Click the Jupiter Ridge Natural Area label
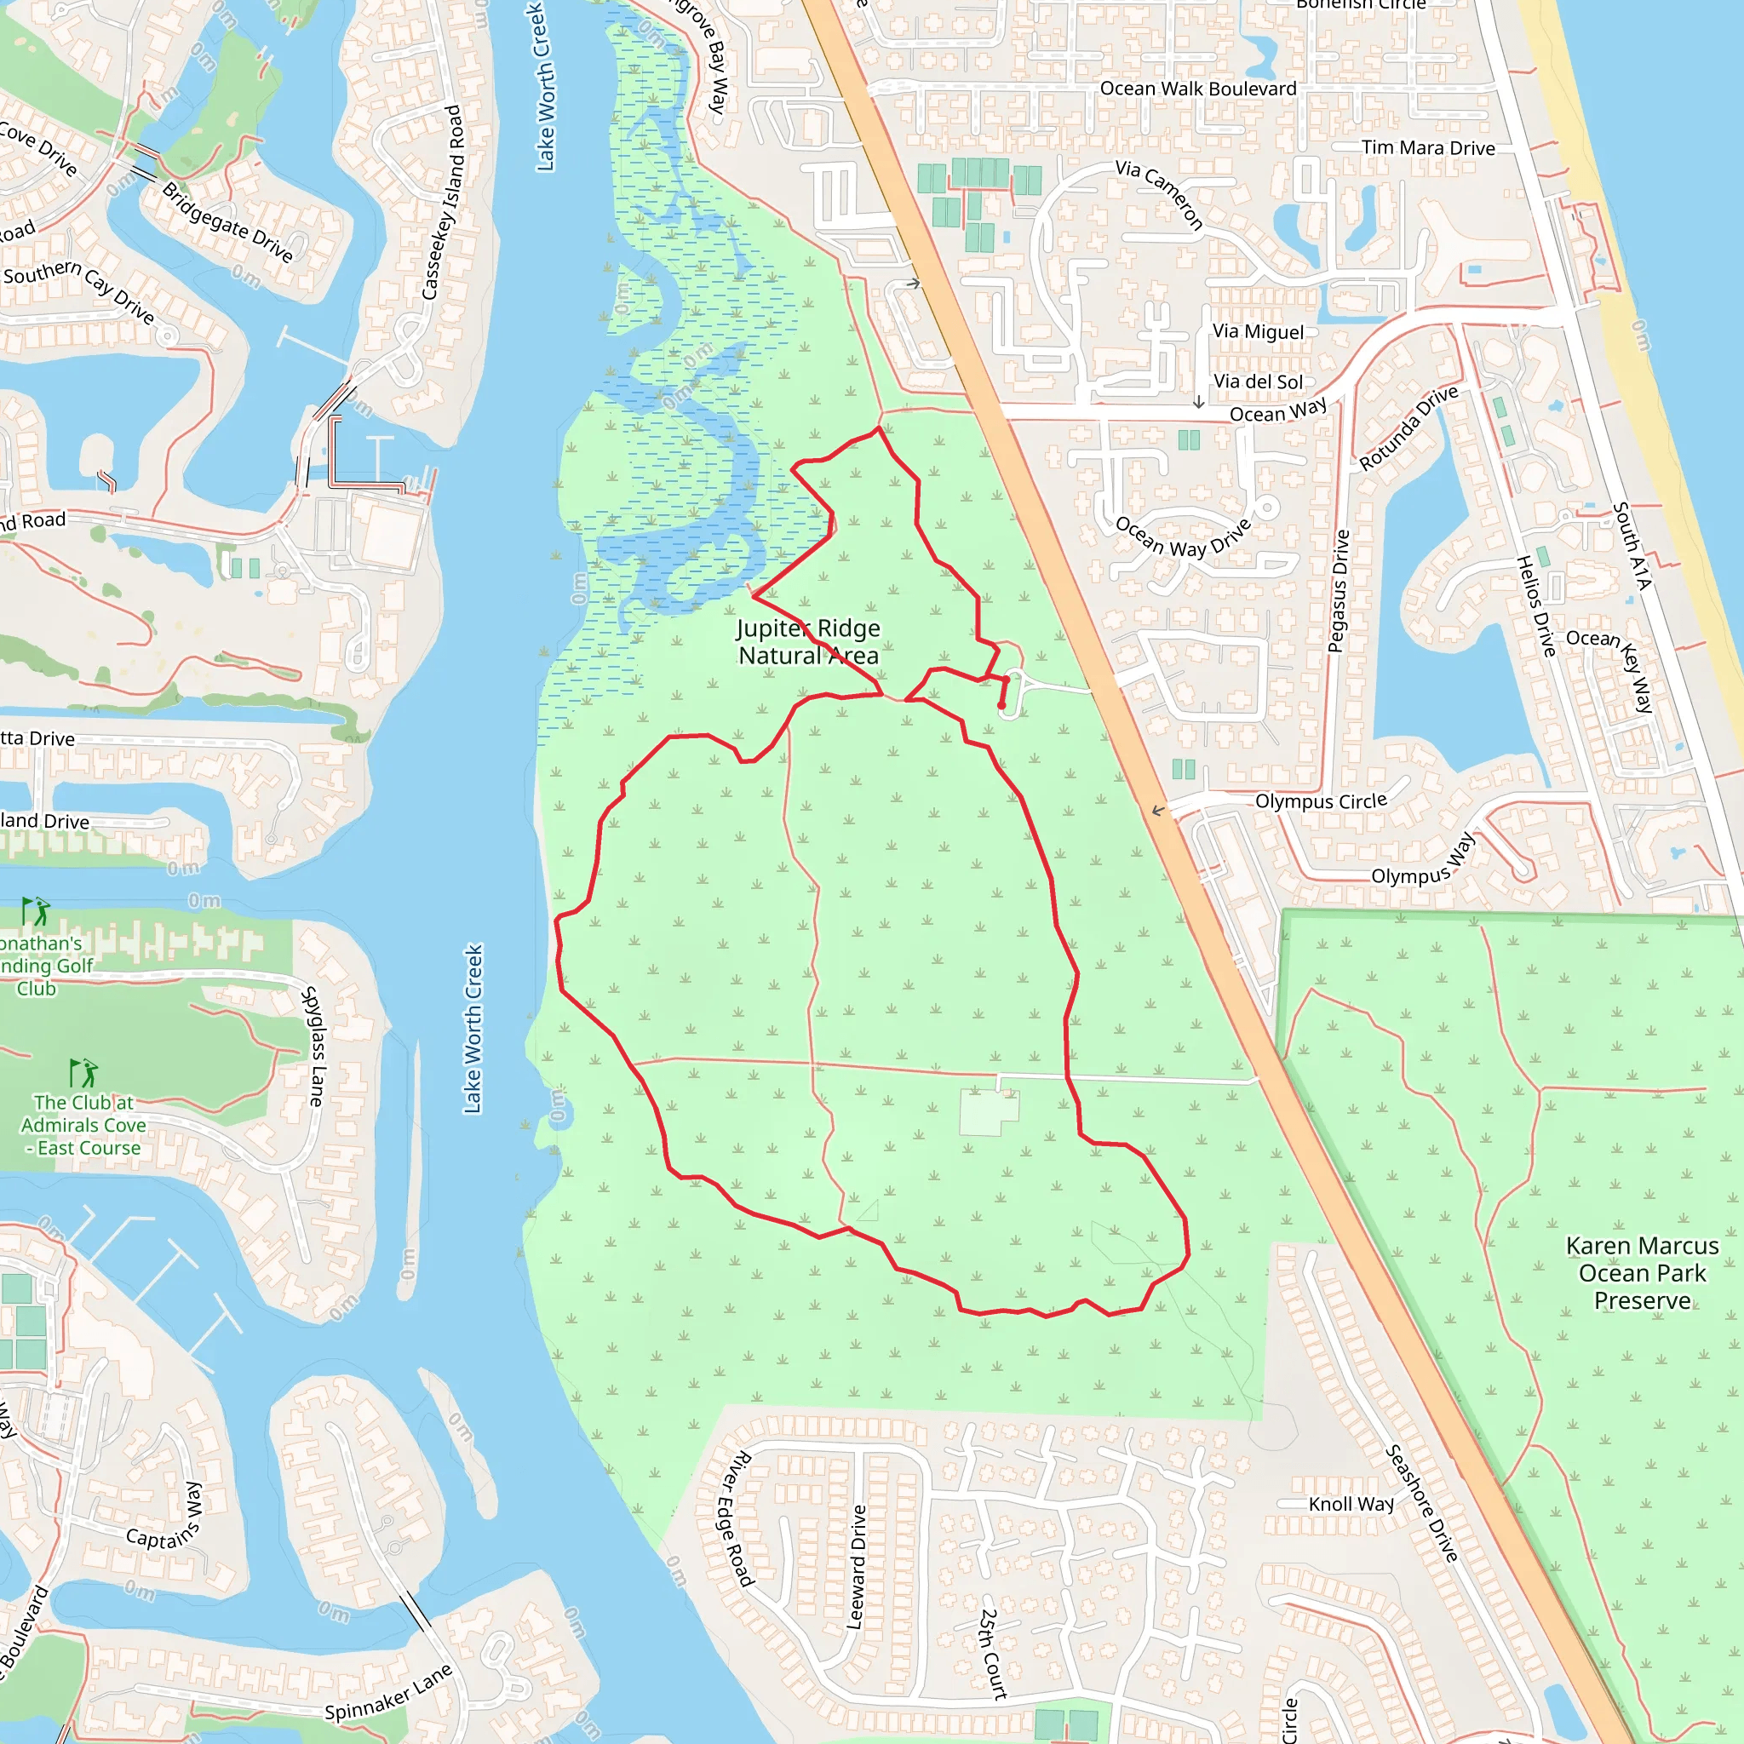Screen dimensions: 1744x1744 pyautogui.click(x=808, y=642)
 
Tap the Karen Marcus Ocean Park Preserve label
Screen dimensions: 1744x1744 pyautogui.click(x=1642, y=1273)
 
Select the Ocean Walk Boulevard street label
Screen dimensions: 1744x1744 pyautogui.click(x=1198, y=89)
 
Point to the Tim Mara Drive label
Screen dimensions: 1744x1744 pyautogui.click(x=1428, y=148)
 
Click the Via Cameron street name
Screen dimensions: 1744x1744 pyautogui.click(x=1160, y=194)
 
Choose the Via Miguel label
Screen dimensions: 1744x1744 pyautogui.click(x=1258, y=332)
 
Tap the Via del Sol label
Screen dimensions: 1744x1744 pyautogui.click(x=1258, y=381)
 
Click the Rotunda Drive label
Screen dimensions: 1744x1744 pyautogui.click(x=1408, y=427)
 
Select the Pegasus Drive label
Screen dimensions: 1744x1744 pyautogui.click(x=1339, y=590)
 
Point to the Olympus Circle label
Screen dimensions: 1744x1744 pyautogui.click(x=1321, y=801)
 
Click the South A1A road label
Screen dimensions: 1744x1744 pyautogui.click(x=1632, y=546)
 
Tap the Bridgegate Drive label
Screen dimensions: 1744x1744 pyautogui.click(x=227, y=222)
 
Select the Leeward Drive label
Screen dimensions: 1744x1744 pyautogui.click(x=857, y=1567)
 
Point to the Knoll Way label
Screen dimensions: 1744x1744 pyautogui.click(x=1351, y=1504)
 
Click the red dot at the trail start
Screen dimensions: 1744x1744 pyautogui.click(x=1001, y=706)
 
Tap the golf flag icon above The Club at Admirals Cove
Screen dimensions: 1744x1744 pyautogui.click(x=84, y=1072)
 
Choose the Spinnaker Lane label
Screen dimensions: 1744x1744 pyautogui.click(x=388, y=1694)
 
